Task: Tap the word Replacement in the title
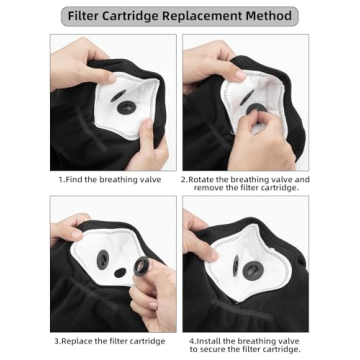pyautogui.click(x=206, y=16)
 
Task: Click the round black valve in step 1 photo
pyautogui.click(x=127, y=107)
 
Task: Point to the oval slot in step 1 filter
pyautogui.click(x=118, y=96)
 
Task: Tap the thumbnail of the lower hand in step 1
pyautogui.click(x=149, y=124)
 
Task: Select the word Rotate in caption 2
pyautogui.click(x=200, y=180)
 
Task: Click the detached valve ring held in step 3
pyautogui.click(x=141, y=266)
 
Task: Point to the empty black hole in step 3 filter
pyautogui.click(x=120, y=273)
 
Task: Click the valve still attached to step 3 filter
pyautogui.click(x=103, y=259)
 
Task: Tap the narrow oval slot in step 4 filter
pyautogui.click(x=236, y=266)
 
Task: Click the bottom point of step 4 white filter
pyautogui.click(x=238, y=302)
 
